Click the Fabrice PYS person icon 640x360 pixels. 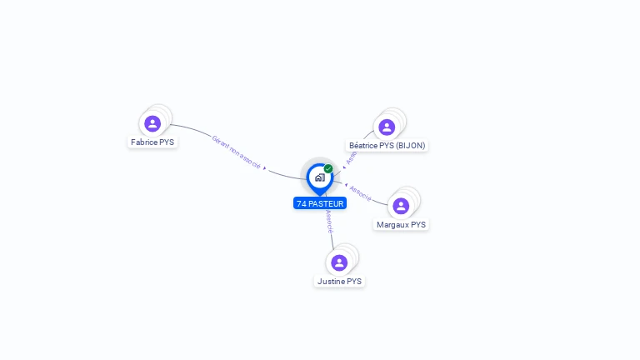(152, 124)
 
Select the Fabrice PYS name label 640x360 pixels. (152, 142)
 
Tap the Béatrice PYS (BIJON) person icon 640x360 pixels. (386, 127)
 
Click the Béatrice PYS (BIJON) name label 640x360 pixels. (387, 146)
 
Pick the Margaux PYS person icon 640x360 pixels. (401, 207)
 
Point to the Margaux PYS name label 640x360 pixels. (401, 225)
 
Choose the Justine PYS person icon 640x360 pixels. (339, 263)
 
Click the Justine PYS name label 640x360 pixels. (339, 282)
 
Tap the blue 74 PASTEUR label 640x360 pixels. (320, 203)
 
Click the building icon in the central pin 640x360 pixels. (319, 177)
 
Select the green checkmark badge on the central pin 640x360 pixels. (328, 168)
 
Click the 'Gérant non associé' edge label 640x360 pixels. (236, 153)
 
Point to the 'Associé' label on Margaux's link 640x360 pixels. (361, 192)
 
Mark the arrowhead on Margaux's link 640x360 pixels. (346, 184)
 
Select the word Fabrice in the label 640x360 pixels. (144, 142)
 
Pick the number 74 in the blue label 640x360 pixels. (301, 203)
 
